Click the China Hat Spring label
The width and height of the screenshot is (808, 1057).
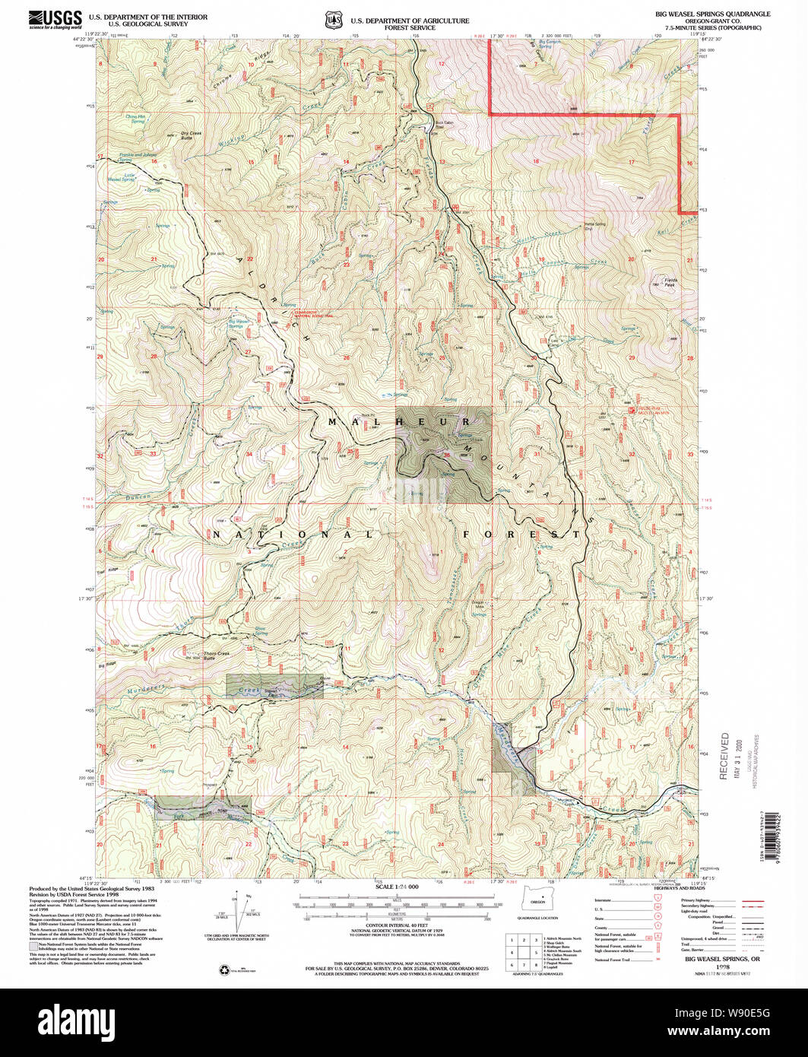coord(135,119)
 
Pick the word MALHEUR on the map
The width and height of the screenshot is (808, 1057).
coord(399,421)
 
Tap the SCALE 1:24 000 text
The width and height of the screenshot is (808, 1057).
coord(398,887)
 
